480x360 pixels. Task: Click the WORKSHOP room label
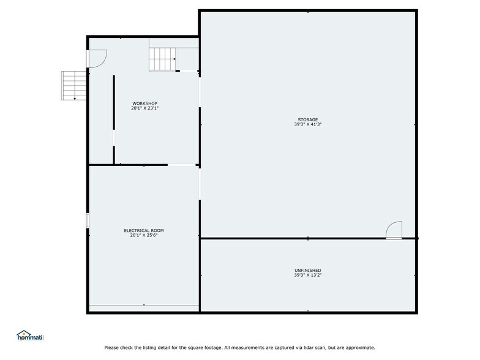(x=145, y=103)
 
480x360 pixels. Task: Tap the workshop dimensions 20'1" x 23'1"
(x=145, y=108)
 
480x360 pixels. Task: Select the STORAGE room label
(x=308, y=119)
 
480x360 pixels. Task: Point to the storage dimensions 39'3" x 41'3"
(x=308, y=124)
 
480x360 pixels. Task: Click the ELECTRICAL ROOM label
(x=144, y=230)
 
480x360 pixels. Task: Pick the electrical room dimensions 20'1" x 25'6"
(x=144, y=235)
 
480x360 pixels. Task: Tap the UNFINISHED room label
(x=308, y=270)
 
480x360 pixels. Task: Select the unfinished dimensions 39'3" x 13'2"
(x=308, y=276)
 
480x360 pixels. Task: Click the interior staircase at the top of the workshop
(x=163, y=59)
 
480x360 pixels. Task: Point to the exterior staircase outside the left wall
(x=74, y=85)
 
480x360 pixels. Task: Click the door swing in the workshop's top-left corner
(x=97, y=59)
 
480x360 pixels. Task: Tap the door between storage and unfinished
(x=394, y=230)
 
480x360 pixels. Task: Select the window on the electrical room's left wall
(x=88, y=220)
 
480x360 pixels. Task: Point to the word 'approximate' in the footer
(x=361, y=347)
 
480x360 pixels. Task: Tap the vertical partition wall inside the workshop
(x=114, y=119)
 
